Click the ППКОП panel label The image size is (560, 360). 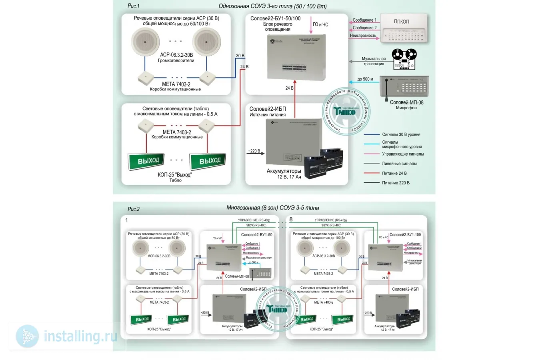[x=401, y=22]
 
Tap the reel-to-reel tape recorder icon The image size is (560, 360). [x=404, y=59]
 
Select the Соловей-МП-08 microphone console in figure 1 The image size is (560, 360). [x=404, y=87]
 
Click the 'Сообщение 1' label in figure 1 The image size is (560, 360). [x=364, y=20]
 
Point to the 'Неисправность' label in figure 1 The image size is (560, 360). [x=363, y=36]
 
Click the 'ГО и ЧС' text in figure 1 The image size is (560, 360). [x=320, y=24]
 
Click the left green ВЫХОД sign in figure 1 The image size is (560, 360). [x=148, y=161]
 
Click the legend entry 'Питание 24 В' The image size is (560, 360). [x=394, y=173]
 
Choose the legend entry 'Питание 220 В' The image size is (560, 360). [x=396, y=183]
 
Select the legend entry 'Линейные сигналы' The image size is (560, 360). [x=399, y=164]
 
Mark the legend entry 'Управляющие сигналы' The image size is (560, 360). [x=402, y=154]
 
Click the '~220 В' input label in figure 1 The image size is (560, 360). [x=254, y=151]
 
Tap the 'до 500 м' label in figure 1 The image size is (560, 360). [x=365, y=79]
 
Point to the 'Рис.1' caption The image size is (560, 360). [x=134, y=6]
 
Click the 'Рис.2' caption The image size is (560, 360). [x=134, y=209]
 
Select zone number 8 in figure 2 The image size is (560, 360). [x=291, y=219]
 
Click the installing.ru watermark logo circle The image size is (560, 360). [x=27, y=336]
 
